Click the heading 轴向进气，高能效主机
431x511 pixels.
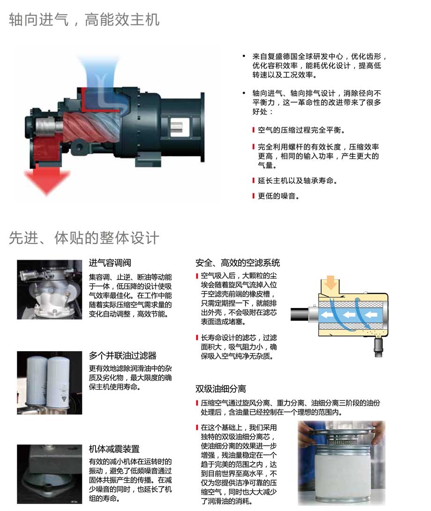pyautogui.click(x=84, y=20)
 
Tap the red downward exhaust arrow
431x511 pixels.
pyautogui.click(x=48, y=178)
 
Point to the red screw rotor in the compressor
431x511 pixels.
pyautogui.click(x=89, y=129)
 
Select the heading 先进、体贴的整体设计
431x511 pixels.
pyautogui.click(x=84, y=238)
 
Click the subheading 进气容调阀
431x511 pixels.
pyautogui.click(x=110, y=263)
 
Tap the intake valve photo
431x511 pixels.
pyautogui.click(x=50, y=289)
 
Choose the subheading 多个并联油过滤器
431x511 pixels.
pyautogui.click(x=123, y=355)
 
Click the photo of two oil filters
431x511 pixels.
pyautogui.click(x=50, y=383)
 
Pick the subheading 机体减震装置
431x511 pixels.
pyautogui.click(x=114, y=449)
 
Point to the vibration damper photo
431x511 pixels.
pyautogui.click(x=50, y=474)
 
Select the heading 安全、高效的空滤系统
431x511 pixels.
pyautogui.click(x=238, y=263)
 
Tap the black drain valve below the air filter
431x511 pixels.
pyautogui.click(x=378, y=347)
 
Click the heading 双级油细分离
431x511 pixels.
pyautogui.click(x=221, y=389)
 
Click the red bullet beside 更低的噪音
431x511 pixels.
pyautogui.click(x=253, y=196)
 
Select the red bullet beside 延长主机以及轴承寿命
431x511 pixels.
pyautogui.click(x=253, y=180)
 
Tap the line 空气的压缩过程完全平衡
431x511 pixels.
pyautogui.click(x=301, y=130)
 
